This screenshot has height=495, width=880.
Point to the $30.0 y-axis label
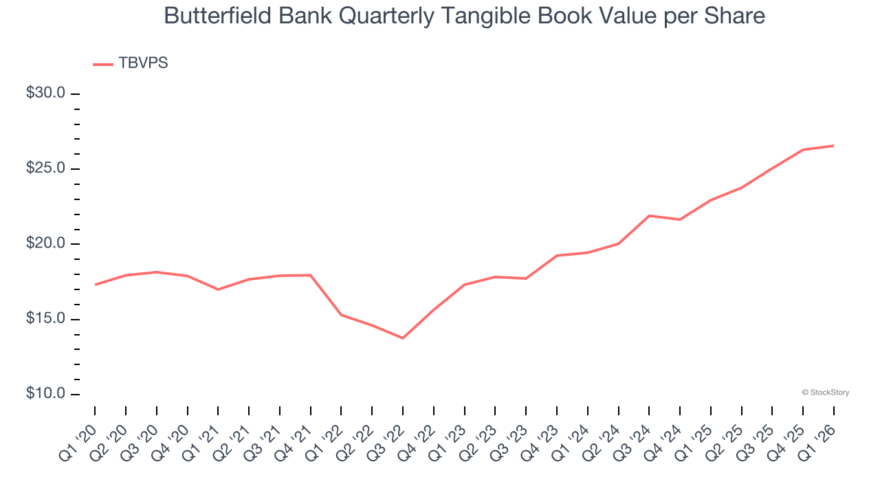point(45,93)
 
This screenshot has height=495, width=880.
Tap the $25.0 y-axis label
point(45,168)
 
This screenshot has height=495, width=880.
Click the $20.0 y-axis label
point(45,243)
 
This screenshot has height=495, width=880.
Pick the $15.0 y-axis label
point(45,319)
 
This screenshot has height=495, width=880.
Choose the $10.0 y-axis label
point(45,394)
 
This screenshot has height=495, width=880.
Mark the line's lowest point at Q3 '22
point(403,338)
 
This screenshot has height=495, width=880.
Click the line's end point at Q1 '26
point(834,146)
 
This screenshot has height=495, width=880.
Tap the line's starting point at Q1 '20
point(95,285)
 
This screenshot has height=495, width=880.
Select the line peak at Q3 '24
point(649,216)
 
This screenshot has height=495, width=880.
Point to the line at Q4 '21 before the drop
point(311,275)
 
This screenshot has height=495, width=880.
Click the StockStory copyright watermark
point(825,393)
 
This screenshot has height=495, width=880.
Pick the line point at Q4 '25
point(803,150)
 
